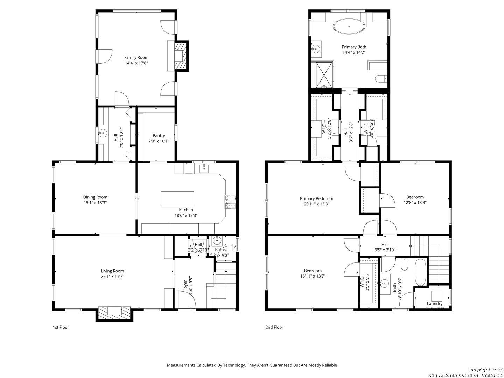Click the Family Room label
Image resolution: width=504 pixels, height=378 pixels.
point(136,57)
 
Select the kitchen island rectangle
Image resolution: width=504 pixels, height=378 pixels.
point(177,199)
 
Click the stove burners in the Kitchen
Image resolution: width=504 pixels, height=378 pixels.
point(230,201)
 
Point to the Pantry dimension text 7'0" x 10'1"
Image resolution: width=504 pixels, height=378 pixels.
point(159,141)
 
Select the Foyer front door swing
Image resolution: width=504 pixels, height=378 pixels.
point(186,300)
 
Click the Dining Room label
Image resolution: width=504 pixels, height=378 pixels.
point(95,197)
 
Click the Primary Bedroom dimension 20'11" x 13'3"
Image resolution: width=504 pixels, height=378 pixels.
point(316,204)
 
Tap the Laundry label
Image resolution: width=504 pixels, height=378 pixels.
point(434,304)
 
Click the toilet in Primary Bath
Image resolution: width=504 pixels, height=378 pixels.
point(380,79)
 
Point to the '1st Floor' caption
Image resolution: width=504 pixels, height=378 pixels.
point(61,328)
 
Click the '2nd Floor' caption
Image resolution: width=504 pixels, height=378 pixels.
point(274,328)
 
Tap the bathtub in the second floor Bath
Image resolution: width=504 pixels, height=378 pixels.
point(420,272)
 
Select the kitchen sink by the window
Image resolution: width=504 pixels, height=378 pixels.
point(204,169)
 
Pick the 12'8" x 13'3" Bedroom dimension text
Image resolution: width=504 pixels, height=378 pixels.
point(415,203)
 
